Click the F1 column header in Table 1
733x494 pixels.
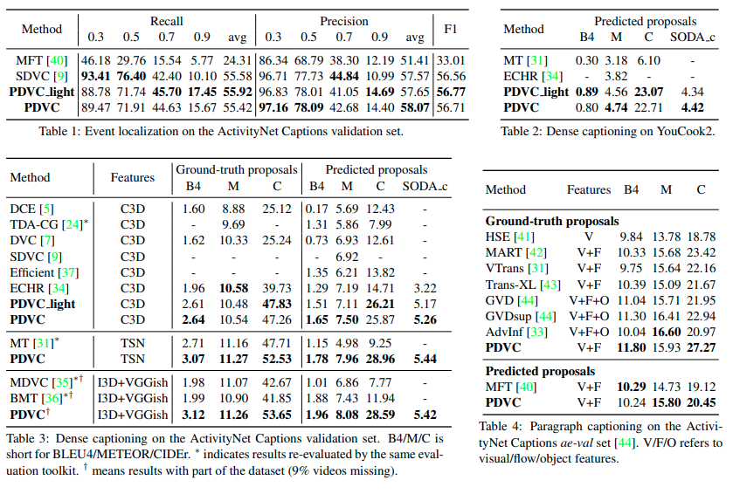click(451, 29)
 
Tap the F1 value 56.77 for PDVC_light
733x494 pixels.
click(451, 93)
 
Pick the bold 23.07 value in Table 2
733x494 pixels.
click(647, 92)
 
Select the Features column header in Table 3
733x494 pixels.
click(132, 177)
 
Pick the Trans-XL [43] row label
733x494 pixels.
click(522, 285)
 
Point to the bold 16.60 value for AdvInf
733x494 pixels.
click(665, 332)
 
